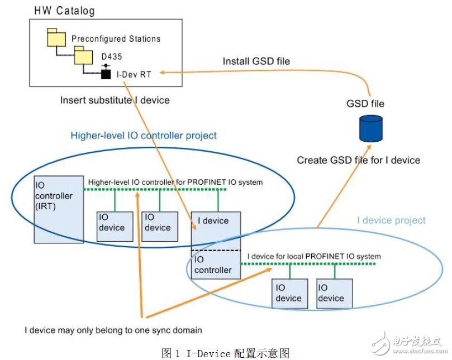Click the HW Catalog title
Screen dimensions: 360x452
tap(64, 11)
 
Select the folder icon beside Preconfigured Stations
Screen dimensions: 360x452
tap(57, 38)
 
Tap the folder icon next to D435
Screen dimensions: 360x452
tap(84, 55)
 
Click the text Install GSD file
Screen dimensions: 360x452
tap(256, 61)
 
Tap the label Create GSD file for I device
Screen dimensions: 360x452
tap(358, 160)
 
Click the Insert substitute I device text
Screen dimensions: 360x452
tap(115, 100)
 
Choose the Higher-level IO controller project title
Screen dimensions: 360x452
tap(144, 135)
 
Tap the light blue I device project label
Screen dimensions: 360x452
tap(391, 220)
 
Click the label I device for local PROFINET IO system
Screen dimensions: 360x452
tap(313, 256)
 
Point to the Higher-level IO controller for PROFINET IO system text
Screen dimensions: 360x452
tap(175, 181)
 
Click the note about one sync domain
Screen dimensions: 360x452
tap(113, 330)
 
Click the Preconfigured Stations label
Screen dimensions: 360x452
tap(116, 39)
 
